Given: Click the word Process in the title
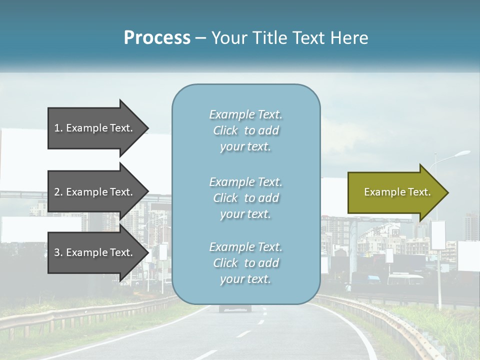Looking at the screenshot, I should (x=157, y=38).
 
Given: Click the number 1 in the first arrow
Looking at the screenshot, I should (x=57, y=128).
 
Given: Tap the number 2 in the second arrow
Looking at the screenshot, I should (x=57, y=192).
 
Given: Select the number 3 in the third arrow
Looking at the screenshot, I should (x=57, y=252).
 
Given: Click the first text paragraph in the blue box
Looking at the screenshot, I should (x=245, y=130).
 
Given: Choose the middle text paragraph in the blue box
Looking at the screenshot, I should (x=245, y=198).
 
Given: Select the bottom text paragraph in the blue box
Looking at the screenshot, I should (x=245, y=263).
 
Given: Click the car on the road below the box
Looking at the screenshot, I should (x=235, y=308).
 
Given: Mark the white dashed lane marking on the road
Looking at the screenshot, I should (x=243, y=333).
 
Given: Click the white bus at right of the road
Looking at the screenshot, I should (x=405, y=278).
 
